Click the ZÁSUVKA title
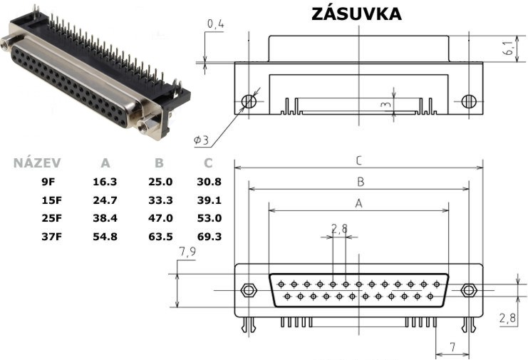(356, 14)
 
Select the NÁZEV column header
(37, 163)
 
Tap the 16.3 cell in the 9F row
(105, 182)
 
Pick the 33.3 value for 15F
(160, 200)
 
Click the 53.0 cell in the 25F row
(209, 218)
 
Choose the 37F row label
(52, 237)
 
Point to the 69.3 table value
(209, 237)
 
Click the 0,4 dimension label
(215, 24)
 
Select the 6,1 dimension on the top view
(509, 48)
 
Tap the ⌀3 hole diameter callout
(202, 140)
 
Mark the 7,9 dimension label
(187, 252)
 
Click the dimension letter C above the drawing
(359, 160)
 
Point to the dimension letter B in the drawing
(361, 182)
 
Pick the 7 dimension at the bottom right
(452, 346)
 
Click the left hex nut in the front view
(249, 290)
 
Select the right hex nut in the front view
(467, 290)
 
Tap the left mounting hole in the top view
(249, 101)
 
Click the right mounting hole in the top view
(469, 101)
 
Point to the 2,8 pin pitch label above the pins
(339, 229)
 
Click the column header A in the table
(105, 163)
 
